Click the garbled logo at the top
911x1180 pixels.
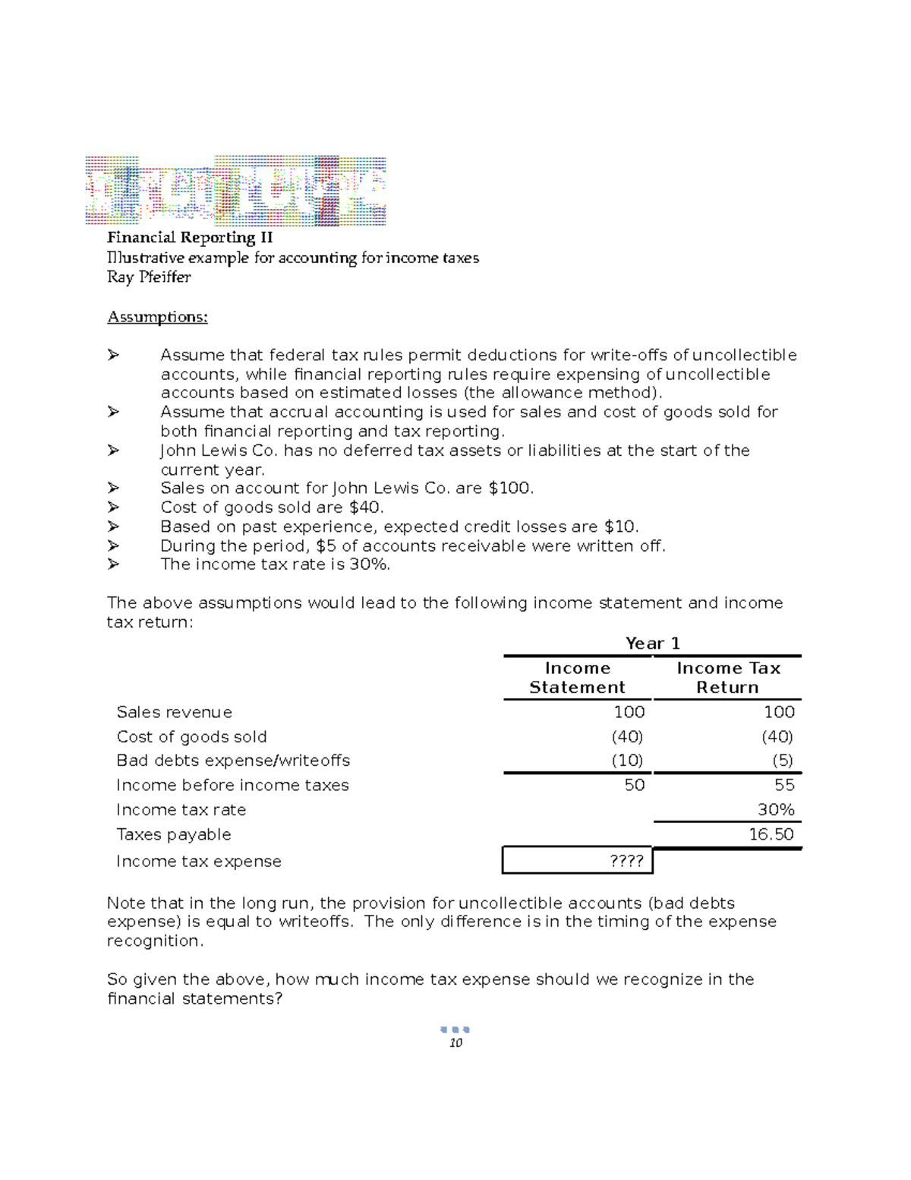pos(235,191)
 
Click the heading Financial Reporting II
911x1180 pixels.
pos(190,238)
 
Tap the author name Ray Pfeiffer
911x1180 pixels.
pos(149,277)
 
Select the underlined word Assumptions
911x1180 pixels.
pos(157,317)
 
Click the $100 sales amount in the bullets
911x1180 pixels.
pos(510,489)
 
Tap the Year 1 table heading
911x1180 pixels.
pos(652,644)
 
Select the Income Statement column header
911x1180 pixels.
pos(577,678)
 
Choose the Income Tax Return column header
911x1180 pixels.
pos(727,678)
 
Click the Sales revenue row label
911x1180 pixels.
pos(174,713)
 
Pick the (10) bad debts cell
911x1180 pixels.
pos(628,761)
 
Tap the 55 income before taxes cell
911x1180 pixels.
pos(784,785)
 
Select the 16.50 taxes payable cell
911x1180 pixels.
pos(771,834)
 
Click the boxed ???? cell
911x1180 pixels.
pos(626,861)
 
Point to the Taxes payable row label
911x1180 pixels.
pos(173,834)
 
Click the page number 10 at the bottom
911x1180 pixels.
pos(455,1043)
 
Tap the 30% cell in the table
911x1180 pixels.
pos(776,810)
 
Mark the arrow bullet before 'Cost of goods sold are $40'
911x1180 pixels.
pos(114,507)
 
